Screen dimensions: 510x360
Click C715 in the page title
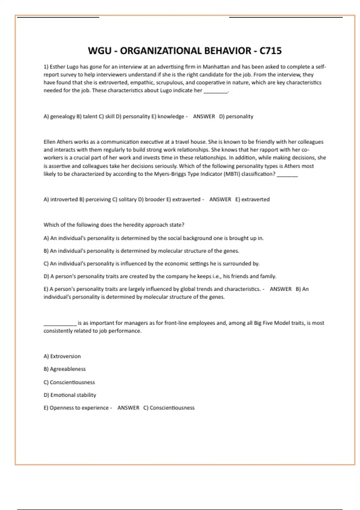tap(271, 51)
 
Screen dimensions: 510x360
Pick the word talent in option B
tap(90, 116)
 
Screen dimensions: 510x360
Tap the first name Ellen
tap(49, 142)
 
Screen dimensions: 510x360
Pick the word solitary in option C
tap(127, 199)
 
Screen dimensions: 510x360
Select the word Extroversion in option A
tap(65, 356)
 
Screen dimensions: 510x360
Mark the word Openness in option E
tap(61, 408)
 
